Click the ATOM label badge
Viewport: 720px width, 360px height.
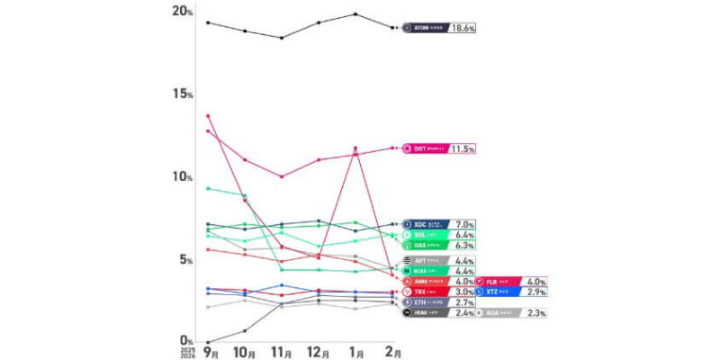coord(423,28)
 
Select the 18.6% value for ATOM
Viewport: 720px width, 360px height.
coord(462,28)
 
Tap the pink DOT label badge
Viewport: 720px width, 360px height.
coord(423,148)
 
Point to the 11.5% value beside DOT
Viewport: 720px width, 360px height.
coord(462,148)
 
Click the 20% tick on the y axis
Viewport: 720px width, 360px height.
coord(183,11)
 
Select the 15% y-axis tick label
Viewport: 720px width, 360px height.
coord(183,94)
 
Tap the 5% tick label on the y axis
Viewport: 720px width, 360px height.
coord(185,259)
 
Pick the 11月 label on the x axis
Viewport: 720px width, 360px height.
coord(283,353)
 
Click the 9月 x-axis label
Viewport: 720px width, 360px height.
coord(209,353)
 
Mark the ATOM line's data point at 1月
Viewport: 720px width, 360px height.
coord(355,13)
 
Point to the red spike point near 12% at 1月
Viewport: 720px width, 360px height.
coord(355,148)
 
